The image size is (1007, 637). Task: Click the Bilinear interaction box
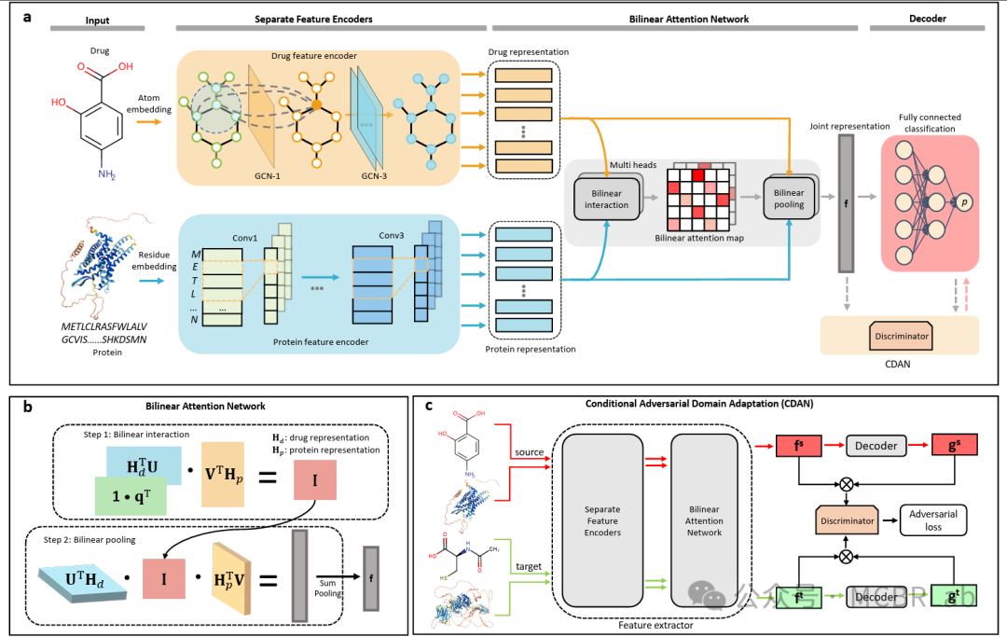[606, 199]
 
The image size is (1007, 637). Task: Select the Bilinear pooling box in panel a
[789, 199]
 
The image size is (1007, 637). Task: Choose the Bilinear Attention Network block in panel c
[704, 519]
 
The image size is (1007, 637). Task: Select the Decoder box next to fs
[877, 446]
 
